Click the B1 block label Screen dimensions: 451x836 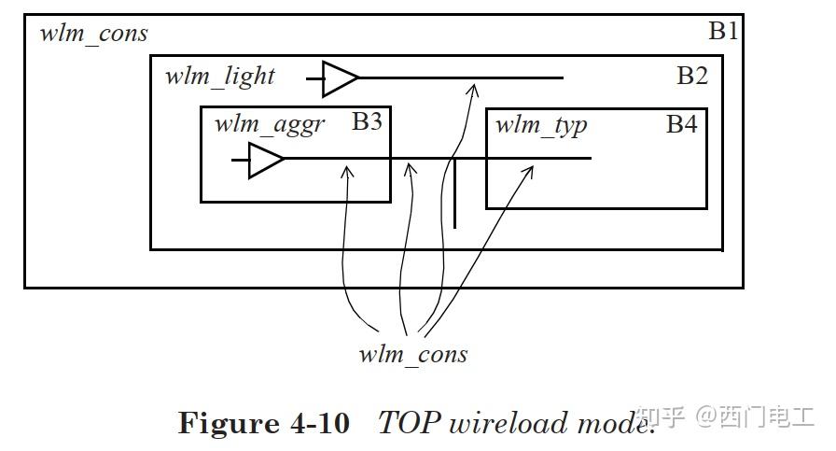(x=723, y=31)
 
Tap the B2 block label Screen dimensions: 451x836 (x=691, y=76)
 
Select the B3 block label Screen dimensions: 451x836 (x=367, y=121)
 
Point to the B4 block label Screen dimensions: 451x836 (x=681, y=123)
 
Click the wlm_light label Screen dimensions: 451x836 (x=219, y=76)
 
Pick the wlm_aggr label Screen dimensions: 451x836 (x=270, y=124)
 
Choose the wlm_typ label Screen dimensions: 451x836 (x=541, y=125)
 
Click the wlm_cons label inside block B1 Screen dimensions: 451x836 (x=93, y=35)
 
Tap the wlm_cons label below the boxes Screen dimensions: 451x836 (x=412, y=355)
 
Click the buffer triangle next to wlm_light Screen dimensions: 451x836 (x=340, y=78)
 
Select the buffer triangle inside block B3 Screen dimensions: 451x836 (x=266, y=160)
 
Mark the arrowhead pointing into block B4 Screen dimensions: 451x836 (x=530, y=170)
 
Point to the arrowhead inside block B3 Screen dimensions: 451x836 (x=347, y=171)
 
